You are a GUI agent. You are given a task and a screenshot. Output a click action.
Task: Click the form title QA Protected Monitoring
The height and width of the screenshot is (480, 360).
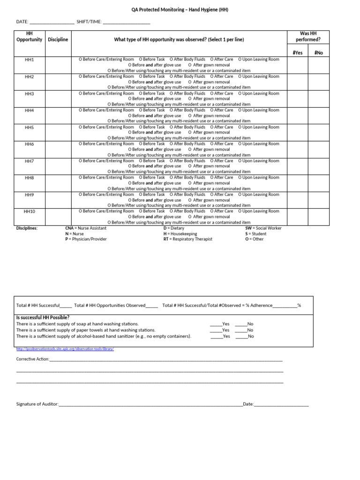(x=180, y=10)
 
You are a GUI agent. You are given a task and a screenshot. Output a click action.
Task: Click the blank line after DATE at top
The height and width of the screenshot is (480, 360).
(x=52, y=22)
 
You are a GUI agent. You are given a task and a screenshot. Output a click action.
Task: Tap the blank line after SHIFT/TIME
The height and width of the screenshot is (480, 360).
(x=126, y=22)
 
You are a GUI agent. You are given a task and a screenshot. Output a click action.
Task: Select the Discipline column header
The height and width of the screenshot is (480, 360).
(x=58, y=39)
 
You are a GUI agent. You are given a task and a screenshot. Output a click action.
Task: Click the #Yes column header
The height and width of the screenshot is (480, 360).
(x=297, y=52)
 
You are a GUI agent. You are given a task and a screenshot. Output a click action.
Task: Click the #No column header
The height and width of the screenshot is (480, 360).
(x=319, y=52)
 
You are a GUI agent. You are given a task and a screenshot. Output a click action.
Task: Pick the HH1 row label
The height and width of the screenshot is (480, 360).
(x=30, y=60)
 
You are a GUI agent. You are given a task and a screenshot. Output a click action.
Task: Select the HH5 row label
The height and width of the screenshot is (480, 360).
(x=30, y=127)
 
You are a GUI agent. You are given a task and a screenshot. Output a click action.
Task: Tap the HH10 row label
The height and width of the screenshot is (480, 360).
(x=30, y=211)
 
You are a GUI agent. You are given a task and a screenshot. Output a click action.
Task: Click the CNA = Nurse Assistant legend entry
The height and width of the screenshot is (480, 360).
(x=86, y=228)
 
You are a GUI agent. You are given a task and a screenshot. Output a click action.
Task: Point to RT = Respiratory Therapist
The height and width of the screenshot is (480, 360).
(x=187, y=239)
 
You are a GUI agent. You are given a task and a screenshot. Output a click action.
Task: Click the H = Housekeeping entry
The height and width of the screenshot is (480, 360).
(x=180, y=233)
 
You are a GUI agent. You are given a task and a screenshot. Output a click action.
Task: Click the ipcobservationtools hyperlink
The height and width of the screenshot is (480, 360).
(x=65, y=349)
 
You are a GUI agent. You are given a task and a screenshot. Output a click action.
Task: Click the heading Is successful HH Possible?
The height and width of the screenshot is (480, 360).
(x=43, y=317)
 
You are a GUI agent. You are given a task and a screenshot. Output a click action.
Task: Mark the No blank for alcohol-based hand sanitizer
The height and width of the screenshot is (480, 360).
(x=241, y=336)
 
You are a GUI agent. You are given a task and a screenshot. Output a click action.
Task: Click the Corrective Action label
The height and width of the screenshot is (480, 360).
(x=32, y=359)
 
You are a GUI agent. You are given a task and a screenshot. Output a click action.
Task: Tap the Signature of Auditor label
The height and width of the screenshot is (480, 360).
(x=37, y=404)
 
